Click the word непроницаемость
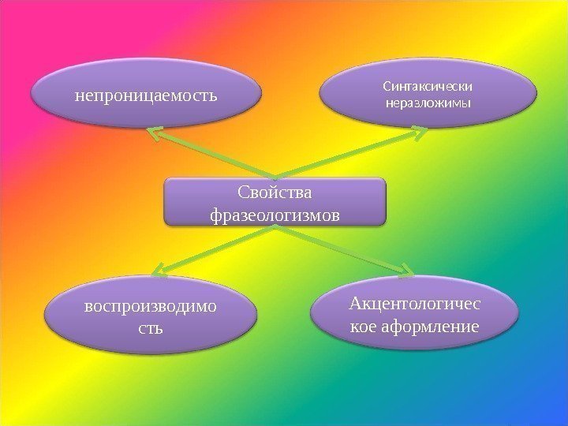pos(145,96)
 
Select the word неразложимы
pos(428,103)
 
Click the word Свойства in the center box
pos(275,193)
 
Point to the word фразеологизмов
pos(275,214)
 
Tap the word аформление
pos(440,326)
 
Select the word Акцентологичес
pos(417,305)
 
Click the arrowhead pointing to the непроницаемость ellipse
pos(154,132)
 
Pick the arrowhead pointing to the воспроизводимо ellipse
pos(156,272)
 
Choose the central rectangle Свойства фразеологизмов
pos(275,202)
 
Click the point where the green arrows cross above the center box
pos(275,175)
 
